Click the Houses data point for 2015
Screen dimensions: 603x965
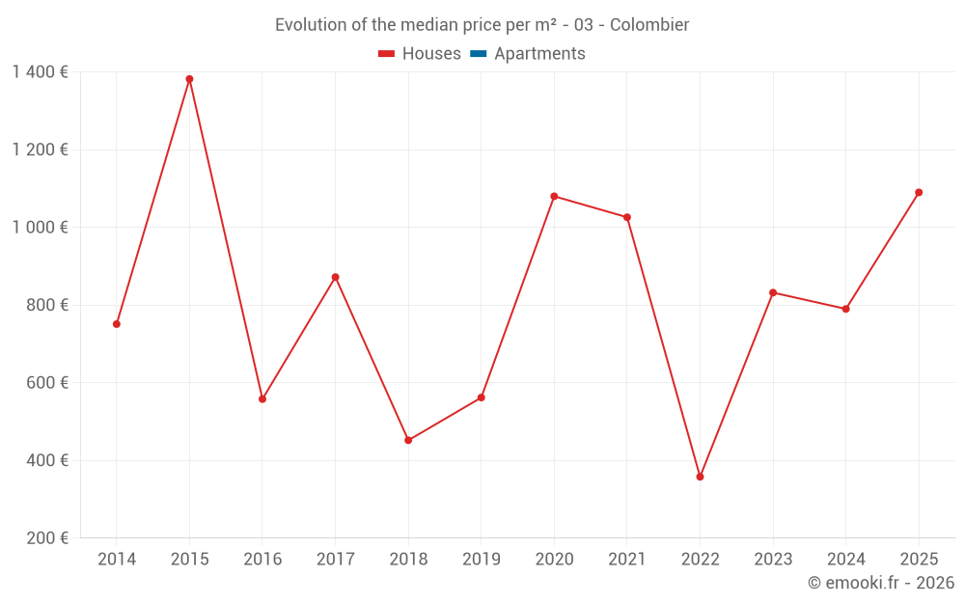pyautogui.click(x=189, y=79)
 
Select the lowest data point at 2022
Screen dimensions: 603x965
pyautogui.click(x=700, y=477)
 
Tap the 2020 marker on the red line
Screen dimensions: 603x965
pyautogui.click(x=554, y=196)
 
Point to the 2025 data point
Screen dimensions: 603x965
pyautogui.click(x=919, y=192)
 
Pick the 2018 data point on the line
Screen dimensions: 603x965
pyautogui.click(x=408, y=440)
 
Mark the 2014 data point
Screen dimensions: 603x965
pyautogui.click(x=117, y=324)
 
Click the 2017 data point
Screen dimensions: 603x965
pyautogui.click(x=335, y=277)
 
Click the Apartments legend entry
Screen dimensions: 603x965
pyautogui.click(x=539, y=54)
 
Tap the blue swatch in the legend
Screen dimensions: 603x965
pyautogui.click(x=478, y=54)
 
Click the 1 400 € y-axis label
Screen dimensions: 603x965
pyautogui.click(x=40, y=71)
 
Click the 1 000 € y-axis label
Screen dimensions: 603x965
pyautogui.click(x=40, y=227)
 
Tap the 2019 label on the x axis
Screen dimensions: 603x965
pyautogui.click(x=481, y=560)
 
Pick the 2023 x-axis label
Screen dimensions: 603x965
pyautogui.click(x=773, y=560)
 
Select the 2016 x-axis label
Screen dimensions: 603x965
pyautogui.click(x=262, y=560)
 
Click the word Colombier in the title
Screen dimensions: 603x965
pyautogui.click(x=649, y=25)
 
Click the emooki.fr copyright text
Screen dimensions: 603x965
pyautogui.click(x=881, y=583)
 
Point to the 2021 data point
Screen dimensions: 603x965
pyautogui.click(x=627, y=217)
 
